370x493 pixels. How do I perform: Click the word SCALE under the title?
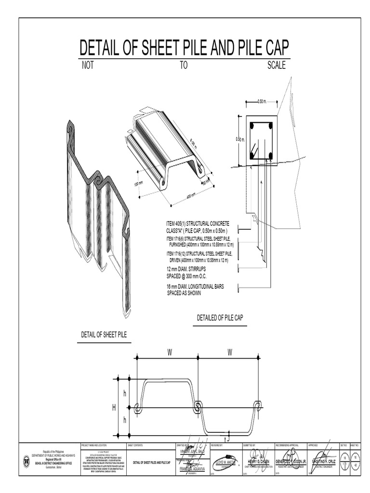pos(276,65)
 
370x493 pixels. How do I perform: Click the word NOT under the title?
pos(88,65)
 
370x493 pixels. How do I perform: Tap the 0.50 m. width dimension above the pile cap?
pos(262,102)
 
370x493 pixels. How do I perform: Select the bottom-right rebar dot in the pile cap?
pos(271,155)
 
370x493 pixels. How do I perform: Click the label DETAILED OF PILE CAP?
pos(220,318)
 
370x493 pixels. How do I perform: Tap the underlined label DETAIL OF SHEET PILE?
pos(104,335)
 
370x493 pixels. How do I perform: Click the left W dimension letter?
pos(170,352)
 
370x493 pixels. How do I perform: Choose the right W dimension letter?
pos(230,352)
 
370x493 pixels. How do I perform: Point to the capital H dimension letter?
pos(114,408)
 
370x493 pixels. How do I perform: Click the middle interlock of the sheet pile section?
pos(198,407)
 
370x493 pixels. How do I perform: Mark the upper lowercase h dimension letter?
pos(124,394)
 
